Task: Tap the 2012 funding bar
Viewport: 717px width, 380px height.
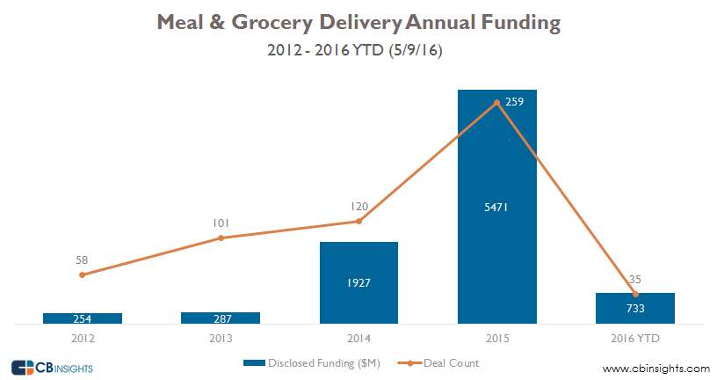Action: coord(82,318)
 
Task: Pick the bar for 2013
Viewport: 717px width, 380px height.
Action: coord(221,318)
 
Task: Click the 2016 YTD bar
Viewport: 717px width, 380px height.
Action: coord(635,308)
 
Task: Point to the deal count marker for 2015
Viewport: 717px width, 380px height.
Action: coord(497,103)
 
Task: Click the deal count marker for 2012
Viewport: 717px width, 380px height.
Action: coord(82,274)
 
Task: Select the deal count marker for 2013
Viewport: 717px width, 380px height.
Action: coord(221,237)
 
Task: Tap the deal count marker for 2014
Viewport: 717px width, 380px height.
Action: coord(358,221)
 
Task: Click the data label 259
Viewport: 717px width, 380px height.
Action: coord(515,102)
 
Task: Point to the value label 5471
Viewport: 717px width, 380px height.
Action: coord(496,208)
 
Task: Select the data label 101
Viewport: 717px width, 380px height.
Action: coord(221,223)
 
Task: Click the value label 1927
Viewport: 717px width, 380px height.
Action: coord(358,283)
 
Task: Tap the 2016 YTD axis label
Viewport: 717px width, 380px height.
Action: coord(635,338)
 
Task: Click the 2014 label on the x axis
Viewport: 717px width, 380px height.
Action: coord(358,338)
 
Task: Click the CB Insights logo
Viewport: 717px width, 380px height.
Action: coord(52,367)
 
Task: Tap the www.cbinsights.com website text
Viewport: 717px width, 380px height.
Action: coord(655,368)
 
